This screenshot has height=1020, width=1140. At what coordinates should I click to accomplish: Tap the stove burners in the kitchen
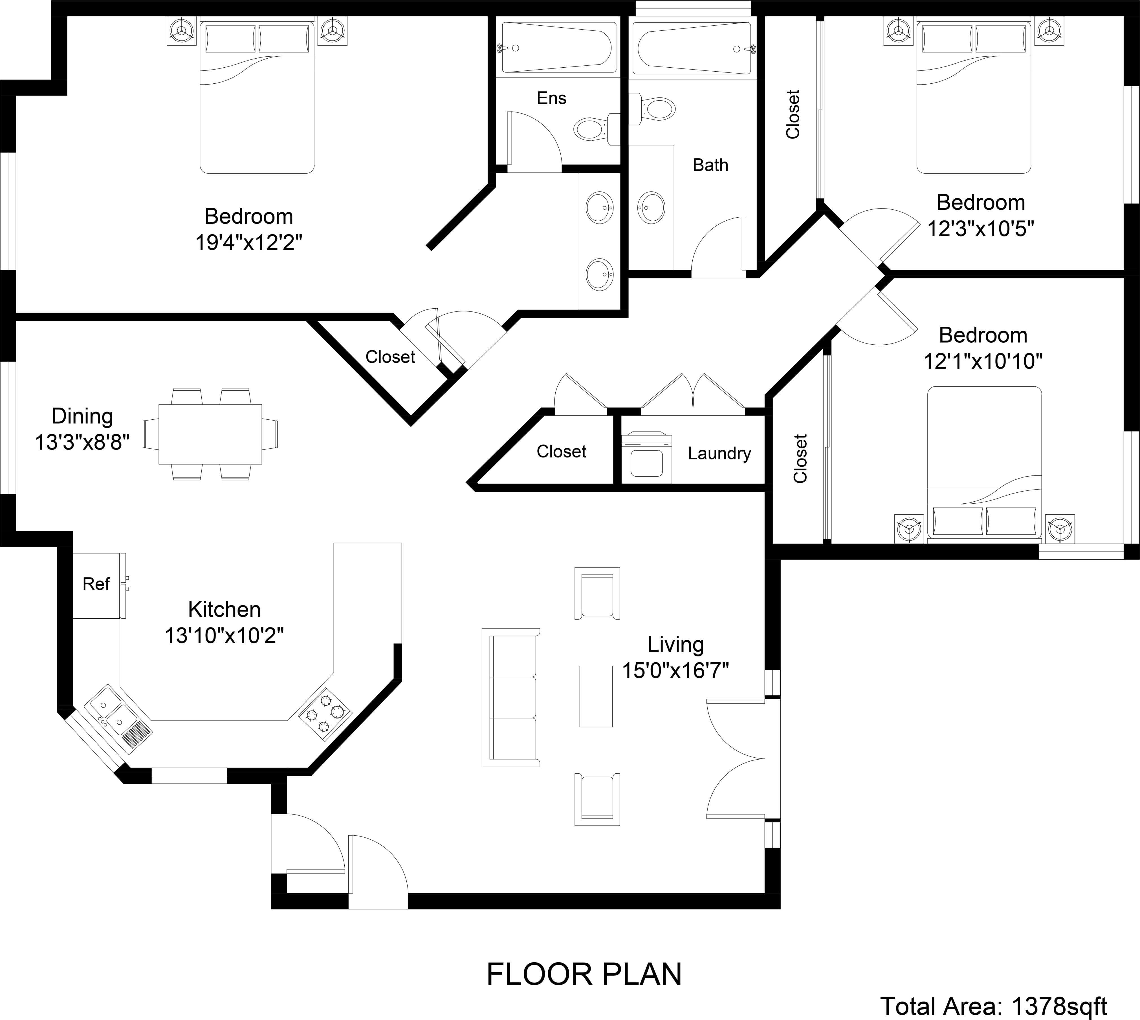pos(325,714)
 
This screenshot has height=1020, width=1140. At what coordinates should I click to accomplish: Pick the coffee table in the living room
pos(595,696)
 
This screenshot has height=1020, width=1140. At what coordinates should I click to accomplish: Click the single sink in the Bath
pos(652,207)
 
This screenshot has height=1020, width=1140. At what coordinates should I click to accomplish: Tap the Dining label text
pos(82,416)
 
